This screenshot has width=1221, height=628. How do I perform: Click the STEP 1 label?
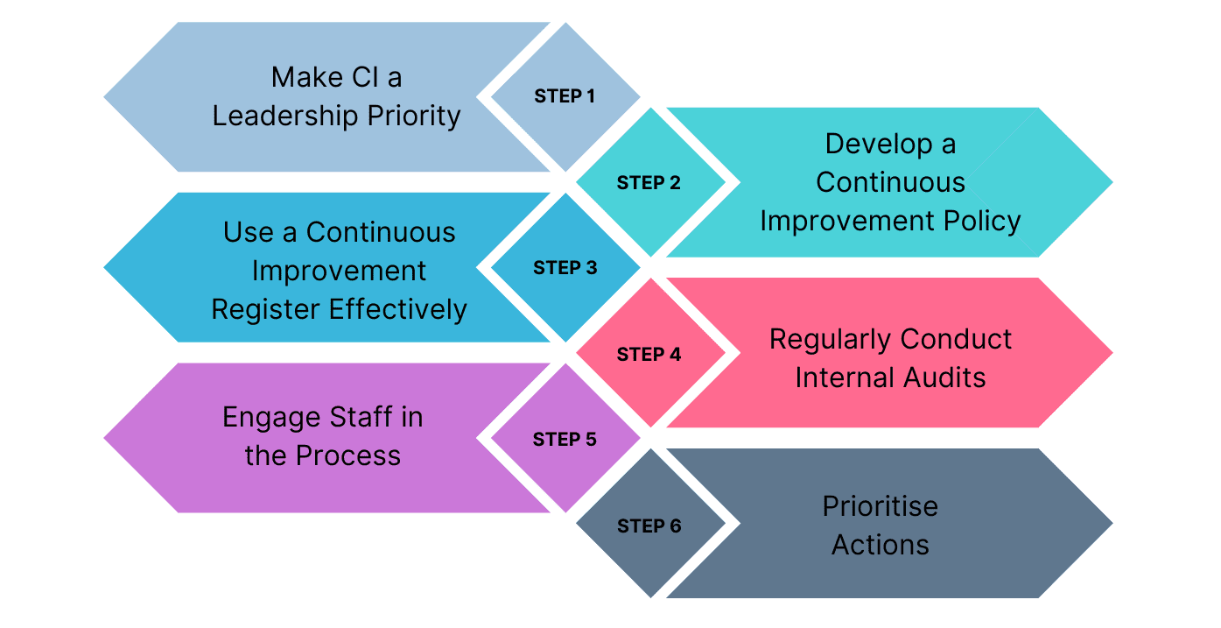[565, 97]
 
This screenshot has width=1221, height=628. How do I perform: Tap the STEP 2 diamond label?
[649, 183]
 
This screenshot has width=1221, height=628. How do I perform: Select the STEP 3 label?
[565, 268]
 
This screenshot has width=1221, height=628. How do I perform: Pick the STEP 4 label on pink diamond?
[649, 355]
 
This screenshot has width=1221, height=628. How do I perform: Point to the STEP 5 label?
[565, 440]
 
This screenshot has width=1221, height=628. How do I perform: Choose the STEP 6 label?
[649, 526]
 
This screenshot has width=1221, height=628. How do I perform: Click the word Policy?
[978, 221]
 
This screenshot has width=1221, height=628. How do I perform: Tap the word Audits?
[941, 378]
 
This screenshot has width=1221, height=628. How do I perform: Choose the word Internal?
[843, 378]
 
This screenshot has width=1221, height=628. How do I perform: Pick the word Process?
[347, 455]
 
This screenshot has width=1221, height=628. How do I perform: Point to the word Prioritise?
[880, 507]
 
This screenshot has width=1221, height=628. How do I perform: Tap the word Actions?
[880, 545]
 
